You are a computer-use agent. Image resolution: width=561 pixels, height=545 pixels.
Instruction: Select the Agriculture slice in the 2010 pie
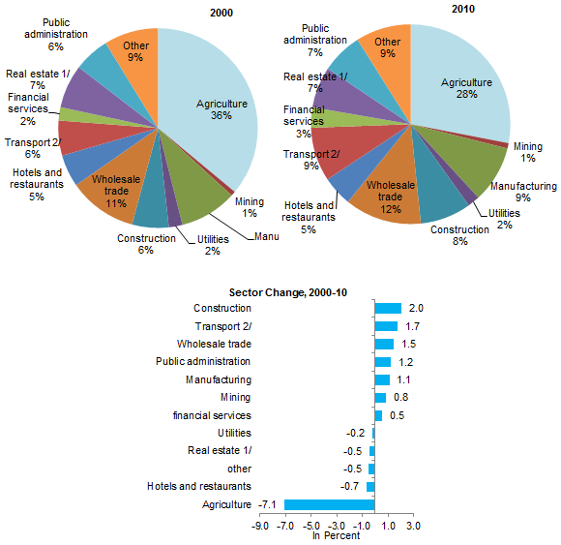(x=465, y=89)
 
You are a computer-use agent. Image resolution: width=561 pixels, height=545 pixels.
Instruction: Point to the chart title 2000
(x=221, y=13)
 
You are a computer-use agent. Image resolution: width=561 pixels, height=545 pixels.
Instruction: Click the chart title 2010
(x=463, y=9)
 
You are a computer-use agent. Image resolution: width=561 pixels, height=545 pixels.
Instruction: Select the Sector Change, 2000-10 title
(x=288, y=292)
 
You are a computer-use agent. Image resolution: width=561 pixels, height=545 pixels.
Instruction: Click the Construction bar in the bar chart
(x=388, y=308)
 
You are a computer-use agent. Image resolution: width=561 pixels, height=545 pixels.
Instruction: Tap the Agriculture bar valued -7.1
(x=330, y=504)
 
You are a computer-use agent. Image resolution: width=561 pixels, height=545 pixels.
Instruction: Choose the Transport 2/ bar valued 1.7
(x=386, y=326)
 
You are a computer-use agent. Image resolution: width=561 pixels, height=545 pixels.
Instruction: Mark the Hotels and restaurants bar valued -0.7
(x=370, y=487)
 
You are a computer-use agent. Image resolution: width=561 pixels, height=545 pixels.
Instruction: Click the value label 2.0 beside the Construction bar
(x=416, y=308)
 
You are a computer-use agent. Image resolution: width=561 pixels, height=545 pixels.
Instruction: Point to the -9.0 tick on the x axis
(x=260, y=526)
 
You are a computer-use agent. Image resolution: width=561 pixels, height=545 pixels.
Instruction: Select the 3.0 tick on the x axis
(x=413, y=526)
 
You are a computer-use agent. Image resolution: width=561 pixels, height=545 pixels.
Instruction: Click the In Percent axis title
(x=336, y=535)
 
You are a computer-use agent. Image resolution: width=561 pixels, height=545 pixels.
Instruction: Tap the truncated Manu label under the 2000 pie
(x=267, y=237)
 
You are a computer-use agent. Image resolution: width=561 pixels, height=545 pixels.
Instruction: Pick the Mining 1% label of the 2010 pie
(x=528, y=152)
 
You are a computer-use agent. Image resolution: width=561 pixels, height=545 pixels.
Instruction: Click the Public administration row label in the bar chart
(x=203, y=362)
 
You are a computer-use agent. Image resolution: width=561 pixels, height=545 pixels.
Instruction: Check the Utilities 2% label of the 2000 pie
(x=213, y=245)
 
